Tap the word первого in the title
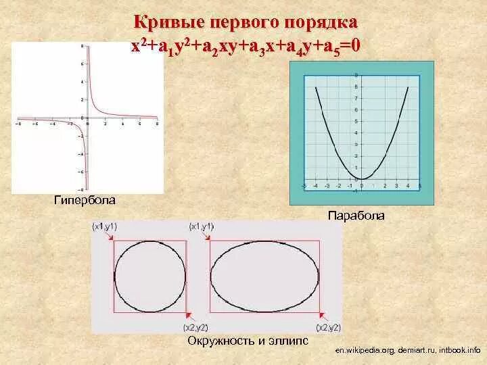[244, 22]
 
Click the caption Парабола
[356, 216]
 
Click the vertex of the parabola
[362, 178]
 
